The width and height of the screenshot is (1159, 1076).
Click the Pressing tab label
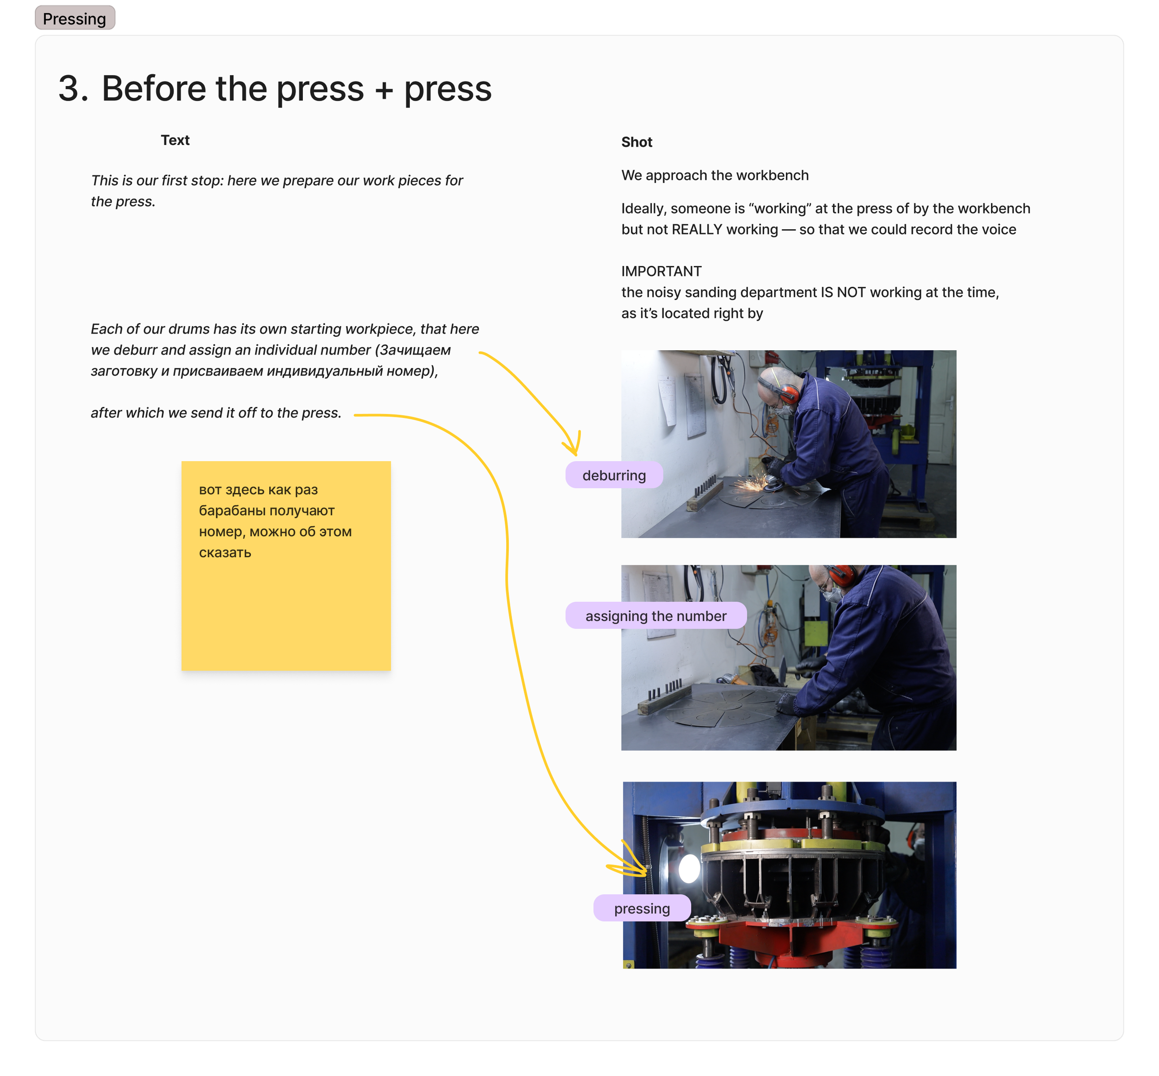[x=74, y=18]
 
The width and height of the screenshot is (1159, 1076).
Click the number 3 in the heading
[x=73, y=89]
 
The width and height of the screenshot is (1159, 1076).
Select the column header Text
[x=175, y=140]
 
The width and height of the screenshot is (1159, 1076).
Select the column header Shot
[x=637, y=142]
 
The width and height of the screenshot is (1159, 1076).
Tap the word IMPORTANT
[x=661, y=271]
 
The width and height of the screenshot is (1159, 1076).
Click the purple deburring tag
[x=614, y=475]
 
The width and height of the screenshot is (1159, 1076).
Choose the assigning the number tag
[x=656, y=616]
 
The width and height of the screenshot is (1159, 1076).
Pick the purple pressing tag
[x=642, y=908]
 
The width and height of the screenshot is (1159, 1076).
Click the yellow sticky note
[x=286, y=566]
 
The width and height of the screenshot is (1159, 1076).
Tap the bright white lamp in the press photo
[x=689, y=869]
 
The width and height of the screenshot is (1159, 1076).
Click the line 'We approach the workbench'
[x=714, y=175]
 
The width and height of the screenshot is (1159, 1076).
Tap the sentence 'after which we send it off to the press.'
[x=216, y=413]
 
